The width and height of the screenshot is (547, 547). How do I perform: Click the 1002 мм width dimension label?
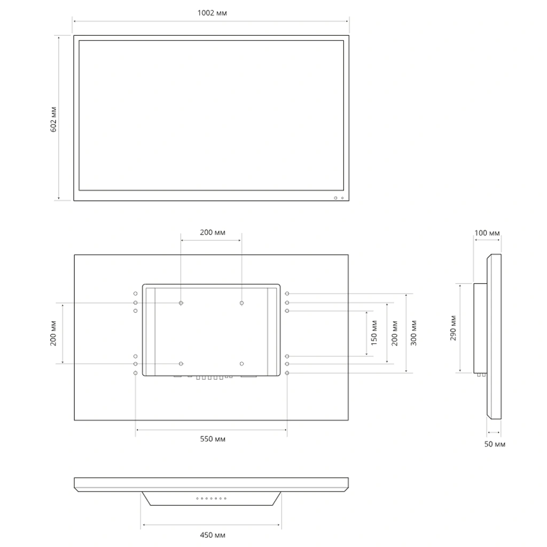click(x=212, y=13)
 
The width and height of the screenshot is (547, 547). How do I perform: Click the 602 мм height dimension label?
click(x=53, y=119)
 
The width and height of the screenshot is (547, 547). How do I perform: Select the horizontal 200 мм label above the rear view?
click(x=212, y=232)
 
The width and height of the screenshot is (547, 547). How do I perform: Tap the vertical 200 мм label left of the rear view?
click(x=53, y=334)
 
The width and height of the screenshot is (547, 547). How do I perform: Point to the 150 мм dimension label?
click(x=374, y=333)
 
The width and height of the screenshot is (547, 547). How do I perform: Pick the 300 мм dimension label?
click(x=414, y=333)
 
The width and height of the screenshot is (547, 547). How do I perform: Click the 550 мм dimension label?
click(x=212, y=439)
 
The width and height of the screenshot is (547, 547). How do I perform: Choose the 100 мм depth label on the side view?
click(x=487, y=233)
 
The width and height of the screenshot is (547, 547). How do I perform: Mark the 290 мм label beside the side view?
click(x=453, y=328)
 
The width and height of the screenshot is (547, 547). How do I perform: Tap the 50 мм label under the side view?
click(x=495, y=444)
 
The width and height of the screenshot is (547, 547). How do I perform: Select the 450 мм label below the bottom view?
click(x=212, y=535)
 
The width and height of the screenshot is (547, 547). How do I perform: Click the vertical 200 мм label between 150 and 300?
click(x=394, y=333)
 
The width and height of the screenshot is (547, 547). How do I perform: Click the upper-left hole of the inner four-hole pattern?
click(x=182, y=303)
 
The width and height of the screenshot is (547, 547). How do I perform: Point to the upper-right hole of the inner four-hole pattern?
click(x=242, y=303)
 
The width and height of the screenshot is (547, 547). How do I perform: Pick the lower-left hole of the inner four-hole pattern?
click(x=182, y=364)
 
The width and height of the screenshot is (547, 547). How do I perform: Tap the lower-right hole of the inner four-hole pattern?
click(x=242, y=364)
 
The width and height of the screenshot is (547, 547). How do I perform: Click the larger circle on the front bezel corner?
click(x=336, y=198)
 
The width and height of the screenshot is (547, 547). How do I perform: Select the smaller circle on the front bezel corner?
click(x=342, y=198)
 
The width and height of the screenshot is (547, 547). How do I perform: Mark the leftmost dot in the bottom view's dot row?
click(x=197, y=498)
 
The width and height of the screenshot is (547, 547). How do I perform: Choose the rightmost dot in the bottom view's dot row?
click(x=225, y=498)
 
